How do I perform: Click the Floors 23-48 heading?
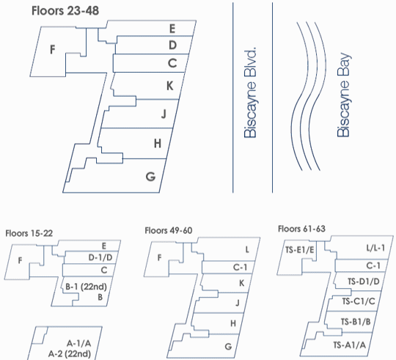tap(65, 11)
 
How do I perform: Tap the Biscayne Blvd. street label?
tap(250, 92)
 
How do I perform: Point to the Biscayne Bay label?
tap(343, 95)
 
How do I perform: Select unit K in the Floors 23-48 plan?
tap(170, 86)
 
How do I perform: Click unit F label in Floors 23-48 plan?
tap(53, 49)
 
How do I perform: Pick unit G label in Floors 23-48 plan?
tap(150, 177)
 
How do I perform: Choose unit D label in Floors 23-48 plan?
tap(173, 45)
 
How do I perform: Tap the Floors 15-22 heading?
tap(29, 233)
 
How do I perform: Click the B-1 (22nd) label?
tap(86, 287)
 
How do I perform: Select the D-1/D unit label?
tap(100, 257)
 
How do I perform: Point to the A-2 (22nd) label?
tap(70, 354)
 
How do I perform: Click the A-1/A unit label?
tap(78, 343)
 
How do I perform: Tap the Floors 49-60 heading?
tap(169, 230)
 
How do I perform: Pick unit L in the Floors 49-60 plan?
tap(247, 250)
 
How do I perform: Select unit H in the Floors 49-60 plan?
tap(233, 323)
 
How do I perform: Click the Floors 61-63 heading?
tap(301, 229)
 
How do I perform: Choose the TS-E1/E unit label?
tap(300, 250)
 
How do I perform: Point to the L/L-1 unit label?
tap(375, 248)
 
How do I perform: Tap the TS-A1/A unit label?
tap(350, 345)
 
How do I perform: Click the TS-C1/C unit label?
tap(359, 301)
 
